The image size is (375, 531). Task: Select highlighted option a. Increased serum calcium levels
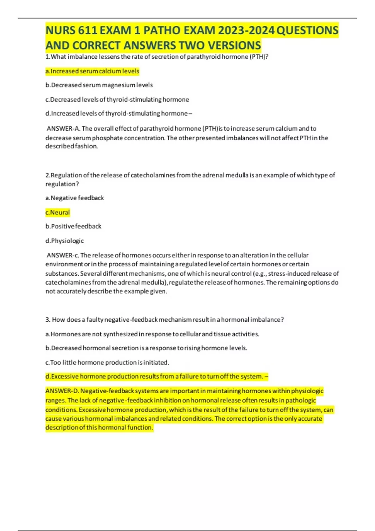coord(92,71)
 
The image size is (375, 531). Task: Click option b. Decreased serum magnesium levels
coord(99,85)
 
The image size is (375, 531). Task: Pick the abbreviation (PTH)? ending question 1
coord(258,57)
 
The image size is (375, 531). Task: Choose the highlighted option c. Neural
coord(57,212)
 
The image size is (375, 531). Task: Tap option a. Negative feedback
coord(74,198)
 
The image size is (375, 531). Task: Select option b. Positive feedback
coord(73,226)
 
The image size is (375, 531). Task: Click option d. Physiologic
coord(64,241)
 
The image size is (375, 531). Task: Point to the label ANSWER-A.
coord(63,129)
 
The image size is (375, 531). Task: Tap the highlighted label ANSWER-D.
coord(62,391)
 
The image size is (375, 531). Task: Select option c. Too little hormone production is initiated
coord(107,362)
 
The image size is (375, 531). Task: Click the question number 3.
coord(47,320)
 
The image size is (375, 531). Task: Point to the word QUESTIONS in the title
coord(307,31)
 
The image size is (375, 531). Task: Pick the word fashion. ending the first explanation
coord(84,146)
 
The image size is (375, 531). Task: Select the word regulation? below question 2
coord(62,184)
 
